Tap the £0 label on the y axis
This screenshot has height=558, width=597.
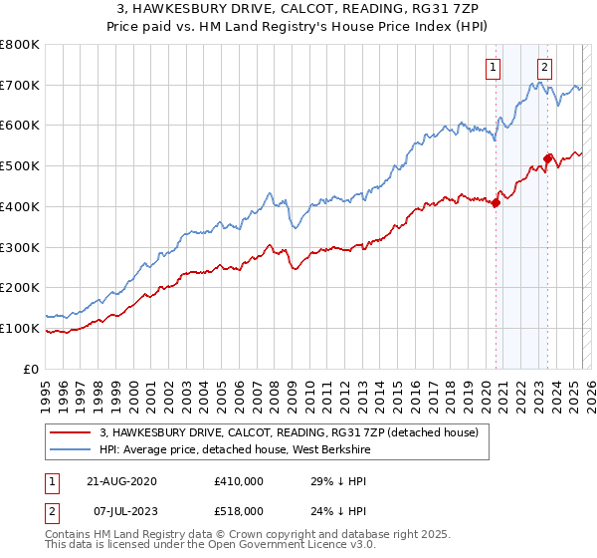click(31, 369)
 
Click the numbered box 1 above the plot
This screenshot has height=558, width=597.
click(494, 68)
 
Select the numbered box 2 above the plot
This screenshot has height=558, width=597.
click(545, 68)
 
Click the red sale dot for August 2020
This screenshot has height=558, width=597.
click(496, 203)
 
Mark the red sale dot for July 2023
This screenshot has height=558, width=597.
click(548, 157)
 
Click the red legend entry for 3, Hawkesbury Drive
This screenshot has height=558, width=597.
click(289, 431)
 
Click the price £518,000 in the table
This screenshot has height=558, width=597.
click(238, 510)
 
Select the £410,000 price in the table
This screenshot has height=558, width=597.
click(238, 481)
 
